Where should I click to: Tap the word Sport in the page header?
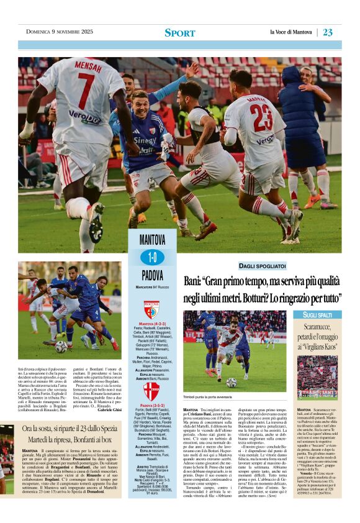tap(179, 32)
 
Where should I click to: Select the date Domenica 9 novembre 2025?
tap(60, 32)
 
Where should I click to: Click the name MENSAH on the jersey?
tap(88, 65)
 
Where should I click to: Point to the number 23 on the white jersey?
tap(261, 118)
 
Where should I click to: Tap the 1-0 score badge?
tap(152, 257)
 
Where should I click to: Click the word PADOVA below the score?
tap(152, 275)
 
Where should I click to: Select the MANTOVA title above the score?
tap(152, 240)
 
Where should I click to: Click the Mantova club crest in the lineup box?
tap(151, 309)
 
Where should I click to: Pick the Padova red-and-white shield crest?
tap(151, 391)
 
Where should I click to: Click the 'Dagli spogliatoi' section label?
tap(263, 266)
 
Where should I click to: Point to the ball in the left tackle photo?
tap(61, 347)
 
